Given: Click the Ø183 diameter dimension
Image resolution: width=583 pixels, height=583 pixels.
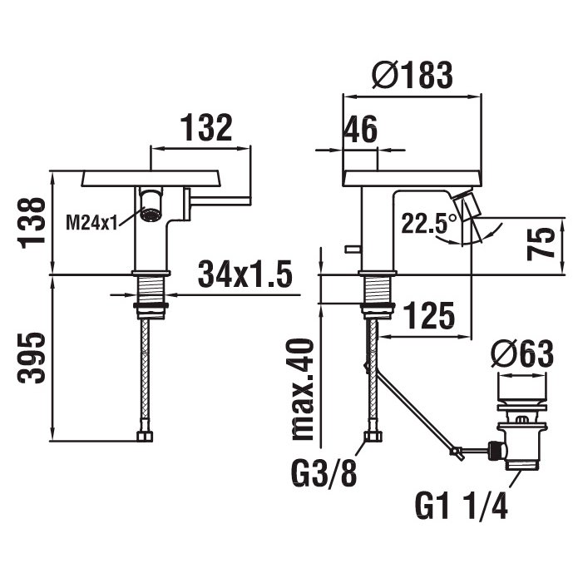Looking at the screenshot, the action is coord(413,75).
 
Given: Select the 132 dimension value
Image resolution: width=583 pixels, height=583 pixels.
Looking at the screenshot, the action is coord(206,127).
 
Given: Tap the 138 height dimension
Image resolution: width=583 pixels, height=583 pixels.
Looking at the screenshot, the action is coord(32,223).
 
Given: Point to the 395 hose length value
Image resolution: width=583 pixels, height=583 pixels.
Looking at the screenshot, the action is coord(32,358).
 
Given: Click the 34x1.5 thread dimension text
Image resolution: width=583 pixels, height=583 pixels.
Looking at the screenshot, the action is coord(245,274).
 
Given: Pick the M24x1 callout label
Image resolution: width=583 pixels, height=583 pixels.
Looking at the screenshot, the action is coord(91,223).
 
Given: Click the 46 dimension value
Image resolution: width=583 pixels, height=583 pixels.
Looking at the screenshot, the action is coord(360,130).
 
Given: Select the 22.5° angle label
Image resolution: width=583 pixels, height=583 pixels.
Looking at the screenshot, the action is coord(428,223).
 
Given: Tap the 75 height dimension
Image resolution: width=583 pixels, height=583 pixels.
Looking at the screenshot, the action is coord(541,244).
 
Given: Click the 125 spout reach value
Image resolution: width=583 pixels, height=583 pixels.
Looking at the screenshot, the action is coord(429,315).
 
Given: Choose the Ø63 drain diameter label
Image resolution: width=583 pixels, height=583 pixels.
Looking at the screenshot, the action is coord(523,354).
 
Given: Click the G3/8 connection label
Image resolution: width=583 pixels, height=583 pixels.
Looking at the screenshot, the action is coord(324,473).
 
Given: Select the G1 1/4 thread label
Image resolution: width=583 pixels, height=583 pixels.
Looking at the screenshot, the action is coord(462,506).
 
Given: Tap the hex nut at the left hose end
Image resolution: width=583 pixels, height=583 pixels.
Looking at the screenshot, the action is coord(145,436).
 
